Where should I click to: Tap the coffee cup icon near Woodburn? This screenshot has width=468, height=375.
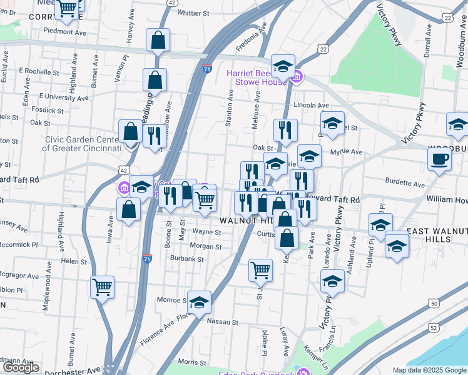coord(439,159)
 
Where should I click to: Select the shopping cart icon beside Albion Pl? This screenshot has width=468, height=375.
coord(102,287)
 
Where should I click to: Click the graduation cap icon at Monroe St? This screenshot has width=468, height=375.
coord(199,303)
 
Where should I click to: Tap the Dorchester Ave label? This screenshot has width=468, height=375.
coord(76,370)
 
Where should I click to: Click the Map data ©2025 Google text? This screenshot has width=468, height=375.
coord(429,370)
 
